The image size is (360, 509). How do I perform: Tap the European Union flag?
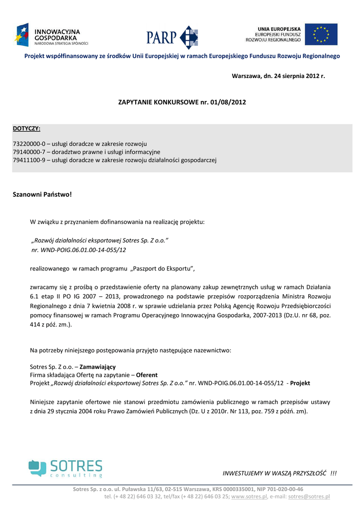(x=321, y=34)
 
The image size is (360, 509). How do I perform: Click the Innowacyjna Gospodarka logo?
(x=52, y=35)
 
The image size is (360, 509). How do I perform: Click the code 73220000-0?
(x=29, y=144)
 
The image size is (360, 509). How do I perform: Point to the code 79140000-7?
(x=29, y=152)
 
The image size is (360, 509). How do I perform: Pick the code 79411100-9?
(x=29, y=160)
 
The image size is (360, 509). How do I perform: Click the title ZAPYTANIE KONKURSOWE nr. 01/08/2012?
(x=182, y=102)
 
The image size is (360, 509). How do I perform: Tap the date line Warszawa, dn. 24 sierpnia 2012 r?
(x=278, y=76)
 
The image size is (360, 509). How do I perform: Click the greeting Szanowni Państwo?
(x=42, y=194)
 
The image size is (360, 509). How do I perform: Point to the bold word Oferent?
(x=147, y=375)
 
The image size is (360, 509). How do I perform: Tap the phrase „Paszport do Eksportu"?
(x=162, y=269)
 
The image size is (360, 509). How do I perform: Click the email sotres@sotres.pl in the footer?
(x=309, y=497)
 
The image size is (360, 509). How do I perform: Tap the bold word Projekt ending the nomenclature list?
(x=300, y=383)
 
